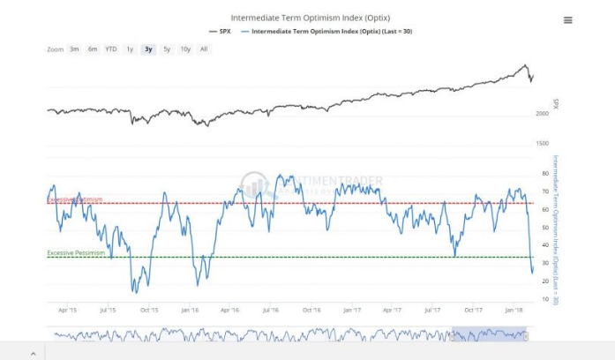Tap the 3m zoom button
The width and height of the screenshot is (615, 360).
coord(75,49)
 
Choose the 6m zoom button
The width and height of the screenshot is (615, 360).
coord(93,49)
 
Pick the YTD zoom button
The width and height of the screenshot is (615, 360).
coord(111,49)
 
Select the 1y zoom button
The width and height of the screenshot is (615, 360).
coord(131,49)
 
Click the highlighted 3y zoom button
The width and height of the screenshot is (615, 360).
coord(148,49)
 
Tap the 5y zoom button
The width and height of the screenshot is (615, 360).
coord(167,49)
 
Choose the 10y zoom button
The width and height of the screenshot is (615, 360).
coord(185,49)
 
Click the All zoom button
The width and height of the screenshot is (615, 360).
coord(204,49)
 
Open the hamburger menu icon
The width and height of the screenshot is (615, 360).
coord(567,20)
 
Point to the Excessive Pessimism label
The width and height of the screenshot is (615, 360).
coord(76,253)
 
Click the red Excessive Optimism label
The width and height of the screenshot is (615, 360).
coord(74,199)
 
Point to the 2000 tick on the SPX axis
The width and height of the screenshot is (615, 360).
coord(542,114)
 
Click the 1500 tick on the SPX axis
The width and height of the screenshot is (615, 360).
coord(542,143)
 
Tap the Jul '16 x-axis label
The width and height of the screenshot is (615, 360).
coord(270,310)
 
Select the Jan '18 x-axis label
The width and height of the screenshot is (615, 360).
coord(515,310)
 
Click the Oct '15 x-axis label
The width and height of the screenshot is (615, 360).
coord(149,310)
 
